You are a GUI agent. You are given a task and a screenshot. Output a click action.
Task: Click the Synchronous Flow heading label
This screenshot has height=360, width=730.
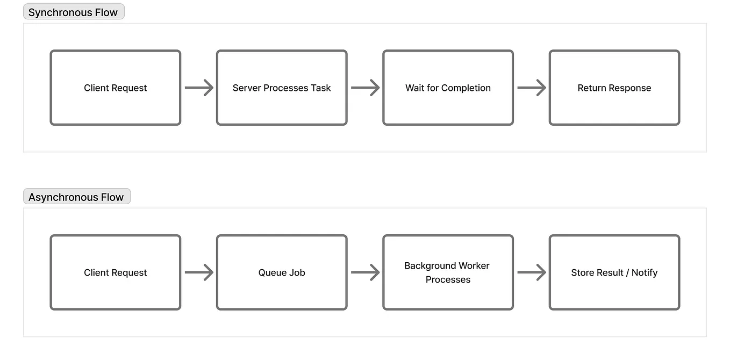tap(73, 12)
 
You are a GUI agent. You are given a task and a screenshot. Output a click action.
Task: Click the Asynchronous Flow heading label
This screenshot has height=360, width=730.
tap(76, 197)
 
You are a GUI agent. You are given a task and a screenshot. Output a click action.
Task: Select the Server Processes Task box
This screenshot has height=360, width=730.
tap(282, 88)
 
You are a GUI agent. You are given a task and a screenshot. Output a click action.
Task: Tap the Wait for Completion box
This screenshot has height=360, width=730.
tap(448, 88)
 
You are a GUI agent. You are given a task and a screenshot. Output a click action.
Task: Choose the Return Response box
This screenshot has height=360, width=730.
tap(614, 88)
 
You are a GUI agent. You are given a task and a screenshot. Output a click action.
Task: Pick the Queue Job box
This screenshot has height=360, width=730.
tap(282, 272)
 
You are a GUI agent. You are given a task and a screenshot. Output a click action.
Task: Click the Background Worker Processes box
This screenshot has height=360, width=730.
tap(448, 272)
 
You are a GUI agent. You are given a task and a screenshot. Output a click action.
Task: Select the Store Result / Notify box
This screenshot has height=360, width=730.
tap(614, 272)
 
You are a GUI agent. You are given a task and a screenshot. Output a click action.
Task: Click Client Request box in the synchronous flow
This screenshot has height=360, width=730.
tap(115, 88)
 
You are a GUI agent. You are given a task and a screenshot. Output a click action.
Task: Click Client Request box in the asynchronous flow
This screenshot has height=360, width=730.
tap(115, 272)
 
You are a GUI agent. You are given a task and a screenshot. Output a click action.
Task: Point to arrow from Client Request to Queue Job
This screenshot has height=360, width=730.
tap(199, 272)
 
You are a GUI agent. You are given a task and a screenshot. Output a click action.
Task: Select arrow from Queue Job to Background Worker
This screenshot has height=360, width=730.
tap(365, 272)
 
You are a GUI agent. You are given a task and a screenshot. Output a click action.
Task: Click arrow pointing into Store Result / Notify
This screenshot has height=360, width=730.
tap(531, 272)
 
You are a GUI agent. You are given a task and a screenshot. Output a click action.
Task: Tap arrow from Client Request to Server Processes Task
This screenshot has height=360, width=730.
tap(199, 88)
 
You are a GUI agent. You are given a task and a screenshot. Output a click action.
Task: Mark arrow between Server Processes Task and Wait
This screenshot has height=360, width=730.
tap(365, 88)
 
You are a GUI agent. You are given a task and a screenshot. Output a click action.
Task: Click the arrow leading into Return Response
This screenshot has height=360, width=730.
tap(531, 88)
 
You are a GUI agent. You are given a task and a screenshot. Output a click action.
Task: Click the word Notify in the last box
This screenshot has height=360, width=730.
tap(645, 272)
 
